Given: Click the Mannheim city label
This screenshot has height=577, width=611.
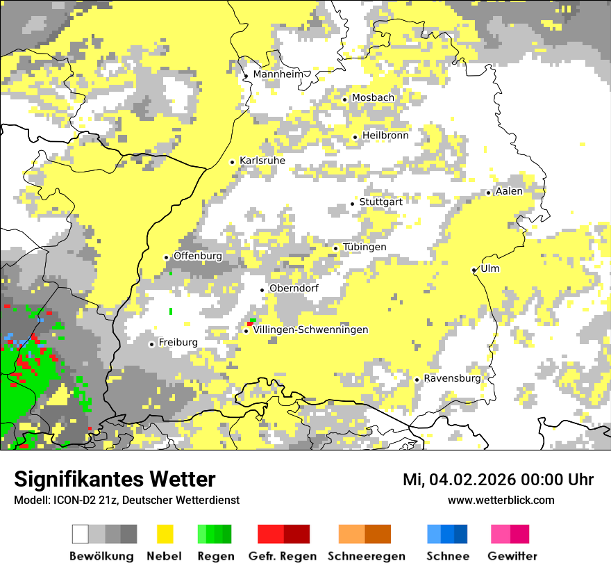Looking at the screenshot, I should point(280,74).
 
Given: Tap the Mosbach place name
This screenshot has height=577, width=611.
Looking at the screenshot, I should point(373,98).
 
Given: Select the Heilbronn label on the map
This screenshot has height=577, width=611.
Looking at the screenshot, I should point(385,136).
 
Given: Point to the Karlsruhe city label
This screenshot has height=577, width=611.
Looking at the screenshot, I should point(262,161).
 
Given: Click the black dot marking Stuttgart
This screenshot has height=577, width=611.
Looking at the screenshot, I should point(353,204).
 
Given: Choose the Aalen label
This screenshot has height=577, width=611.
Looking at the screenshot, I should point(509,191).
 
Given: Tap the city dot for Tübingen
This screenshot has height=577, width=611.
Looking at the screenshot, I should point(336,248).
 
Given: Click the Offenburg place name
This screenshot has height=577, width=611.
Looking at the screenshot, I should point(198,256).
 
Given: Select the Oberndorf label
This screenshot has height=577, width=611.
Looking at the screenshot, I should point(294,288).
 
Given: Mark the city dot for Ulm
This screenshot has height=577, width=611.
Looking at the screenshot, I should point(474,270).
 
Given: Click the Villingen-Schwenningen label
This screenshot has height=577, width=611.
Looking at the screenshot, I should point(310,330).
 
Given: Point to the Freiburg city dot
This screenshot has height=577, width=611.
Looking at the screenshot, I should point(151,344).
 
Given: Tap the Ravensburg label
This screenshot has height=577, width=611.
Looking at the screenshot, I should point(452,379).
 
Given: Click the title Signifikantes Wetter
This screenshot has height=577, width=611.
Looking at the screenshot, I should point(115,480).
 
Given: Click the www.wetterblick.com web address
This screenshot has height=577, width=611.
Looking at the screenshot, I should point(501,500).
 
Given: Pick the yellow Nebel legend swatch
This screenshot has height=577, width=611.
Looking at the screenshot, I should point(165,534).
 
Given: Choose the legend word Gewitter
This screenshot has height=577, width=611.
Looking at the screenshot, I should point(512,556).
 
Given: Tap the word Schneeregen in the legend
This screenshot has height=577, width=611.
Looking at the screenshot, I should point(367,556).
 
